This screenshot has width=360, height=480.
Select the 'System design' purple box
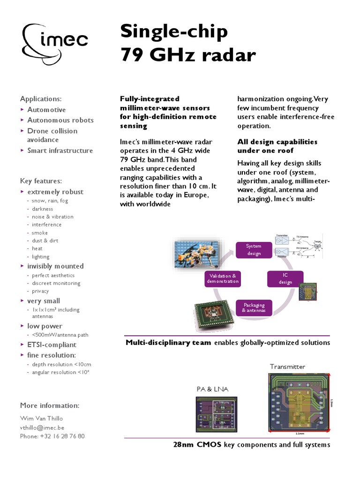pyautogui.click(x=254, y=250)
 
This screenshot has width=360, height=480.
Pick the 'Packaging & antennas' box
pyautogui.click(x=254, y=307)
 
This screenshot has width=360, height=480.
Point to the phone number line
pyautogui.click(x=52, y=436)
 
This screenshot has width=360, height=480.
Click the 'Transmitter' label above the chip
pyautogui.click(x=287, y=367)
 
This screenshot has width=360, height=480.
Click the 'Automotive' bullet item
pyautogui.click(x=46, y=110)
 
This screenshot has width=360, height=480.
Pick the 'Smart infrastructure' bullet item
pyautogui.click(x=60, y=150)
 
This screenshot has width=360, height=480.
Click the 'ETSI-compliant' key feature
pyautogui.click(x=51, y=345)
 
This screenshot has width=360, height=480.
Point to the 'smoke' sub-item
pyautogui.click(x=40, y=233)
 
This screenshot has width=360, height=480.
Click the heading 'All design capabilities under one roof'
pyautogui.click(x=277, y=146)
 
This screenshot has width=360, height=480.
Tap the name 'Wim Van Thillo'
pyautogui.click(x=41, y=419)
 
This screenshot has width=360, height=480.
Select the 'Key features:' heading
pyautogui.click(x=41, y=181)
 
